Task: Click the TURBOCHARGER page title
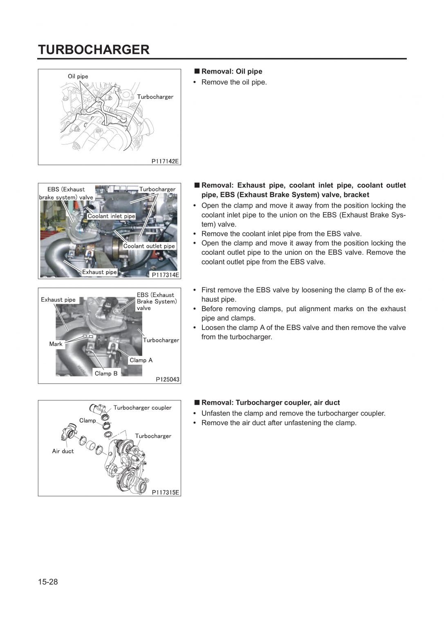point(94,49)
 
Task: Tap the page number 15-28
point(48,582)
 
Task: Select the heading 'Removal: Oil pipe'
point(231,72)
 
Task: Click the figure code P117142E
point(165,161)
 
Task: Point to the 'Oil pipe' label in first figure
point(78,76)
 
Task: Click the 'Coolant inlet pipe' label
point(111,216)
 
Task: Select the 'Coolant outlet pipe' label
point(149,246)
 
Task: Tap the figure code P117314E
point(165,275)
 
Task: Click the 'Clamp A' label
point(141,360)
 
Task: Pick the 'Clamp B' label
point(106,373)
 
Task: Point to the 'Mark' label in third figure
point(56,344)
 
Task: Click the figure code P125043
point(167,379)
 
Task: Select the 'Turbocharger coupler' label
point(142,408)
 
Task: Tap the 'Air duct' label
point(63,451)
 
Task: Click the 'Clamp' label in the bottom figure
point(87,420)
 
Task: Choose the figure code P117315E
point(165,492)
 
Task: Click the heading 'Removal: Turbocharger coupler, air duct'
point(270,403)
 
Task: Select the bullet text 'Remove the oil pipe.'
point(234,82)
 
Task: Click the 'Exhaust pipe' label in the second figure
point(99,272)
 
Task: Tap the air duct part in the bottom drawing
point(68,432)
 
